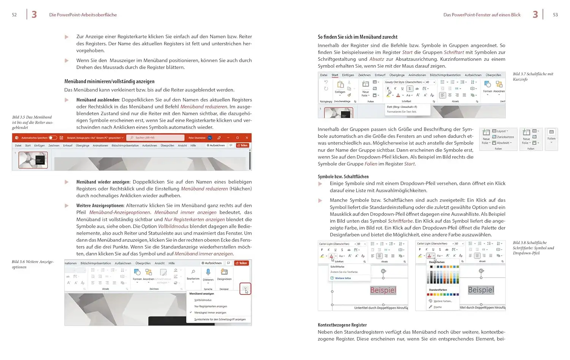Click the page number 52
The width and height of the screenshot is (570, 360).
pos(14,15)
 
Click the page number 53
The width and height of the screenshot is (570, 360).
pos(555,15)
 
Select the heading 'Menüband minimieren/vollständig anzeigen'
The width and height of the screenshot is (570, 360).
pos(109,81)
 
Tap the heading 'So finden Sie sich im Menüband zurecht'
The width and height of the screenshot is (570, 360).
pos(358,37)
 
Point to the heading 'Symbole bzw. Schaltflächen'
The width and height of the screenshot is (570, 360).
pos(343,176)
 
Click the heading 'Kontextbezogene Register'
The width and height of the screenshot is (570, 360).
pos(342,325)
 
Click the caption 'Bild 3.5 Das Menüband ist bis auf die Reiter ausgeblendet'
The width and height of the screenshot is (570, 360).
pos(32,122)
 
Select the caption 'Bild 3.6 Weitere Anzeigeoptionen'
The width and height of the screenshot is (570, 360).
pos(32,264)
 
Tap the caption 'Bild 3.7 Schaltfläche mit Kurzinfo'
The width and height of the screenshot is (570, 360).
pos(533,76)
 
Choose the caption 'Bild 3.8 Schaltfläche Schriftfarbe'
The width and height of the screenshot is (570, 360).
pos(533,248)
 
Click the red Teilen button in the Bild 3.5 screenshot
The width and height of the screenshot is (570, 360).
pos(242,145)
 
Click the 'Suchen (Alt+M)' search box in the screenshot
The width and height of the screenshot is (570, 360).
pos(156,138)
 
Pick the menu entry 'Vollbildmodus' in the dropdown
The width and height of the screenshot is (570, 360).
pos(203,300)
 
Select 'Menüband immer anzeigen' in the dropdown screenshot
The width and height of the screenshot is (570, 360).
pos(210,312)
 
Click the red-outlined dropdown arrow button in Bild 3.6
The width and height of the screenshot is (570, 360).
pos(245,289)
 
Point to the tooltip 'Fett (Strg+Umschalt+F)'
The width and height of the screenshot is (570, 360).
pos(402,107)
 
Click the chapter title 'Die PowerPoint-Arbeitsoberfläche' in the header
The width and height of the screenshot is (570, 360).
pos(83,15)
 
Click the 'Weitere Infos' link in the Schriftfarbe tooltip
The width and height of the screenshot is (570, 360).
pos(343,278)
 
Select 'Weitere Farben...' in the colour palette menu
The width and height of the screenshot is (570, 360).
pos(442,301)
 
